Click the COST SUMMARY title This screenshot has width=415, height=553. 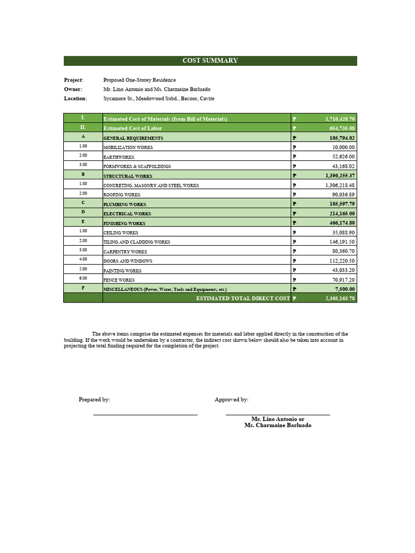pos(210,60)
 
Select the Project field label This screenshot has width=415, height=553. pos(73,80)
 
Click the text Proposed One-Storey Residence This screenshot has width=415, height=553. pos(139,80)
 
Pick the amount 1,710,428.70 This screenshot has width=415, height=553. pos(340,119)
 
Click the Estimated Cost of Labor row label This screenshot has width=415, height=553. pos(132,129)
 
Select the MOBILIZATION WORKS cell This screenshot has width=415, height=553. pos(128,147)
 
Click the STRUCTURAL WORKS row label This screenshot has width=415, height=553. pos(128,176)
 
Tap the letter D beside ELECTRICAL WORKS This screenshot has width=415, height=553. pos(83,213)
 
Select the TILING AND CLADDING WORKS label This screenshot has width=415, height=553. pos(137,242)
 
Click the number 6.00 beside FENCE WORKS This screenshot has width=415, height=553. pos(83,278)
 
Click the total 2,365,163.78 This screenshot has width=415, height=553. pos(340,299)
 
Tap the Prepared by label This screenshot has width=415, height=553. pos(94,400)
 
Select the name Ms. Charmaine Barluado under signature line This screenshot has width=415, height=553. pos(278,426)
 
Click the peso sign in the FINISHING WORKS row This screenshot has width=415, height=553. pos(294,223)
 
